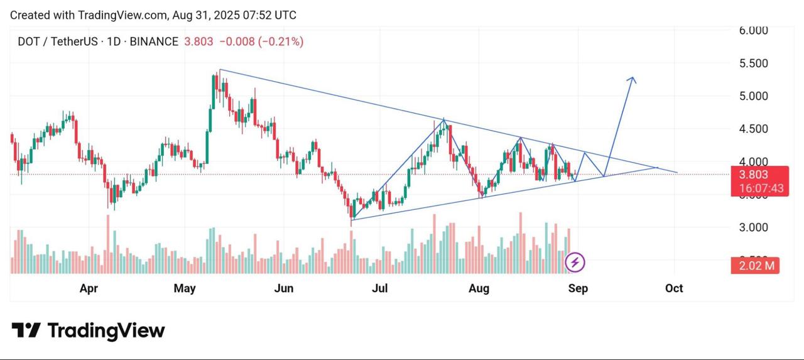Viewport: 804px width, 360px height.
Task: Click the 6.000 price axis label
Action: coord(753,30)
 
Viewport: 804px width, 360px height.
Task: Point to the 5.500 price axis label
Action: coord(753,63)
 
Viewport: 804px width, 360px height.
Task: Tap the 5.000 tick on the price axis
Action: coord(753,96)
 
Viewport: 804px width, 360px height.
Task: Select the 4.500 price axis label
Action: coord(753,129)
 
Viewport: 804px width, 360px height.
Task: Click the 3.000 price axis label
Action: coord(753,227)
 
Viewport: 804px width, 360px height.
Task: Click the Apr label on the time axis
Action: coord(89,288)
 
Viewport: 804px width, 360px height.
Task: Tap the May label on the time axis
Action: coord(185,288)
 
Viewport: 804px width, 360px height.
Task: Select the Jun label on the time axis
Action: coord(284,288)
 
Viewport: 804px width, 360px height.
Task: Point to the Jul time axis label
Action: coord(379,288)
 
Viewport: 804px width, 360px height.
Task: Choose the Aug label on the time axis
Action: coord(479,288)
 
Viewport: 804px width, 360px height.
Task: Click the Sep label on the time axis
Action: coord(578,288)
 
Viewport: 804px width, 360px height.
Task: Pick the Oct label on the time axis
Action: coord(674,288)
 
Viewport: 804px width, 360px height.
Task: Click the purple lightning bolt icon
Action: coord(575,262)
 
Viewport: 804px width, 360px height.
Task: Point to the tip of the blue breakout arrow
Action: coord(633,77)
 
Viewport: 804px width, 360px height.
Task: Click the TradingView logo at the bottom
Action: coord(88,330)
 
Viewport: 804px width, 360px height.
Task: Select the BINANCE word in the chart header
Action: coord(154,42)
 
